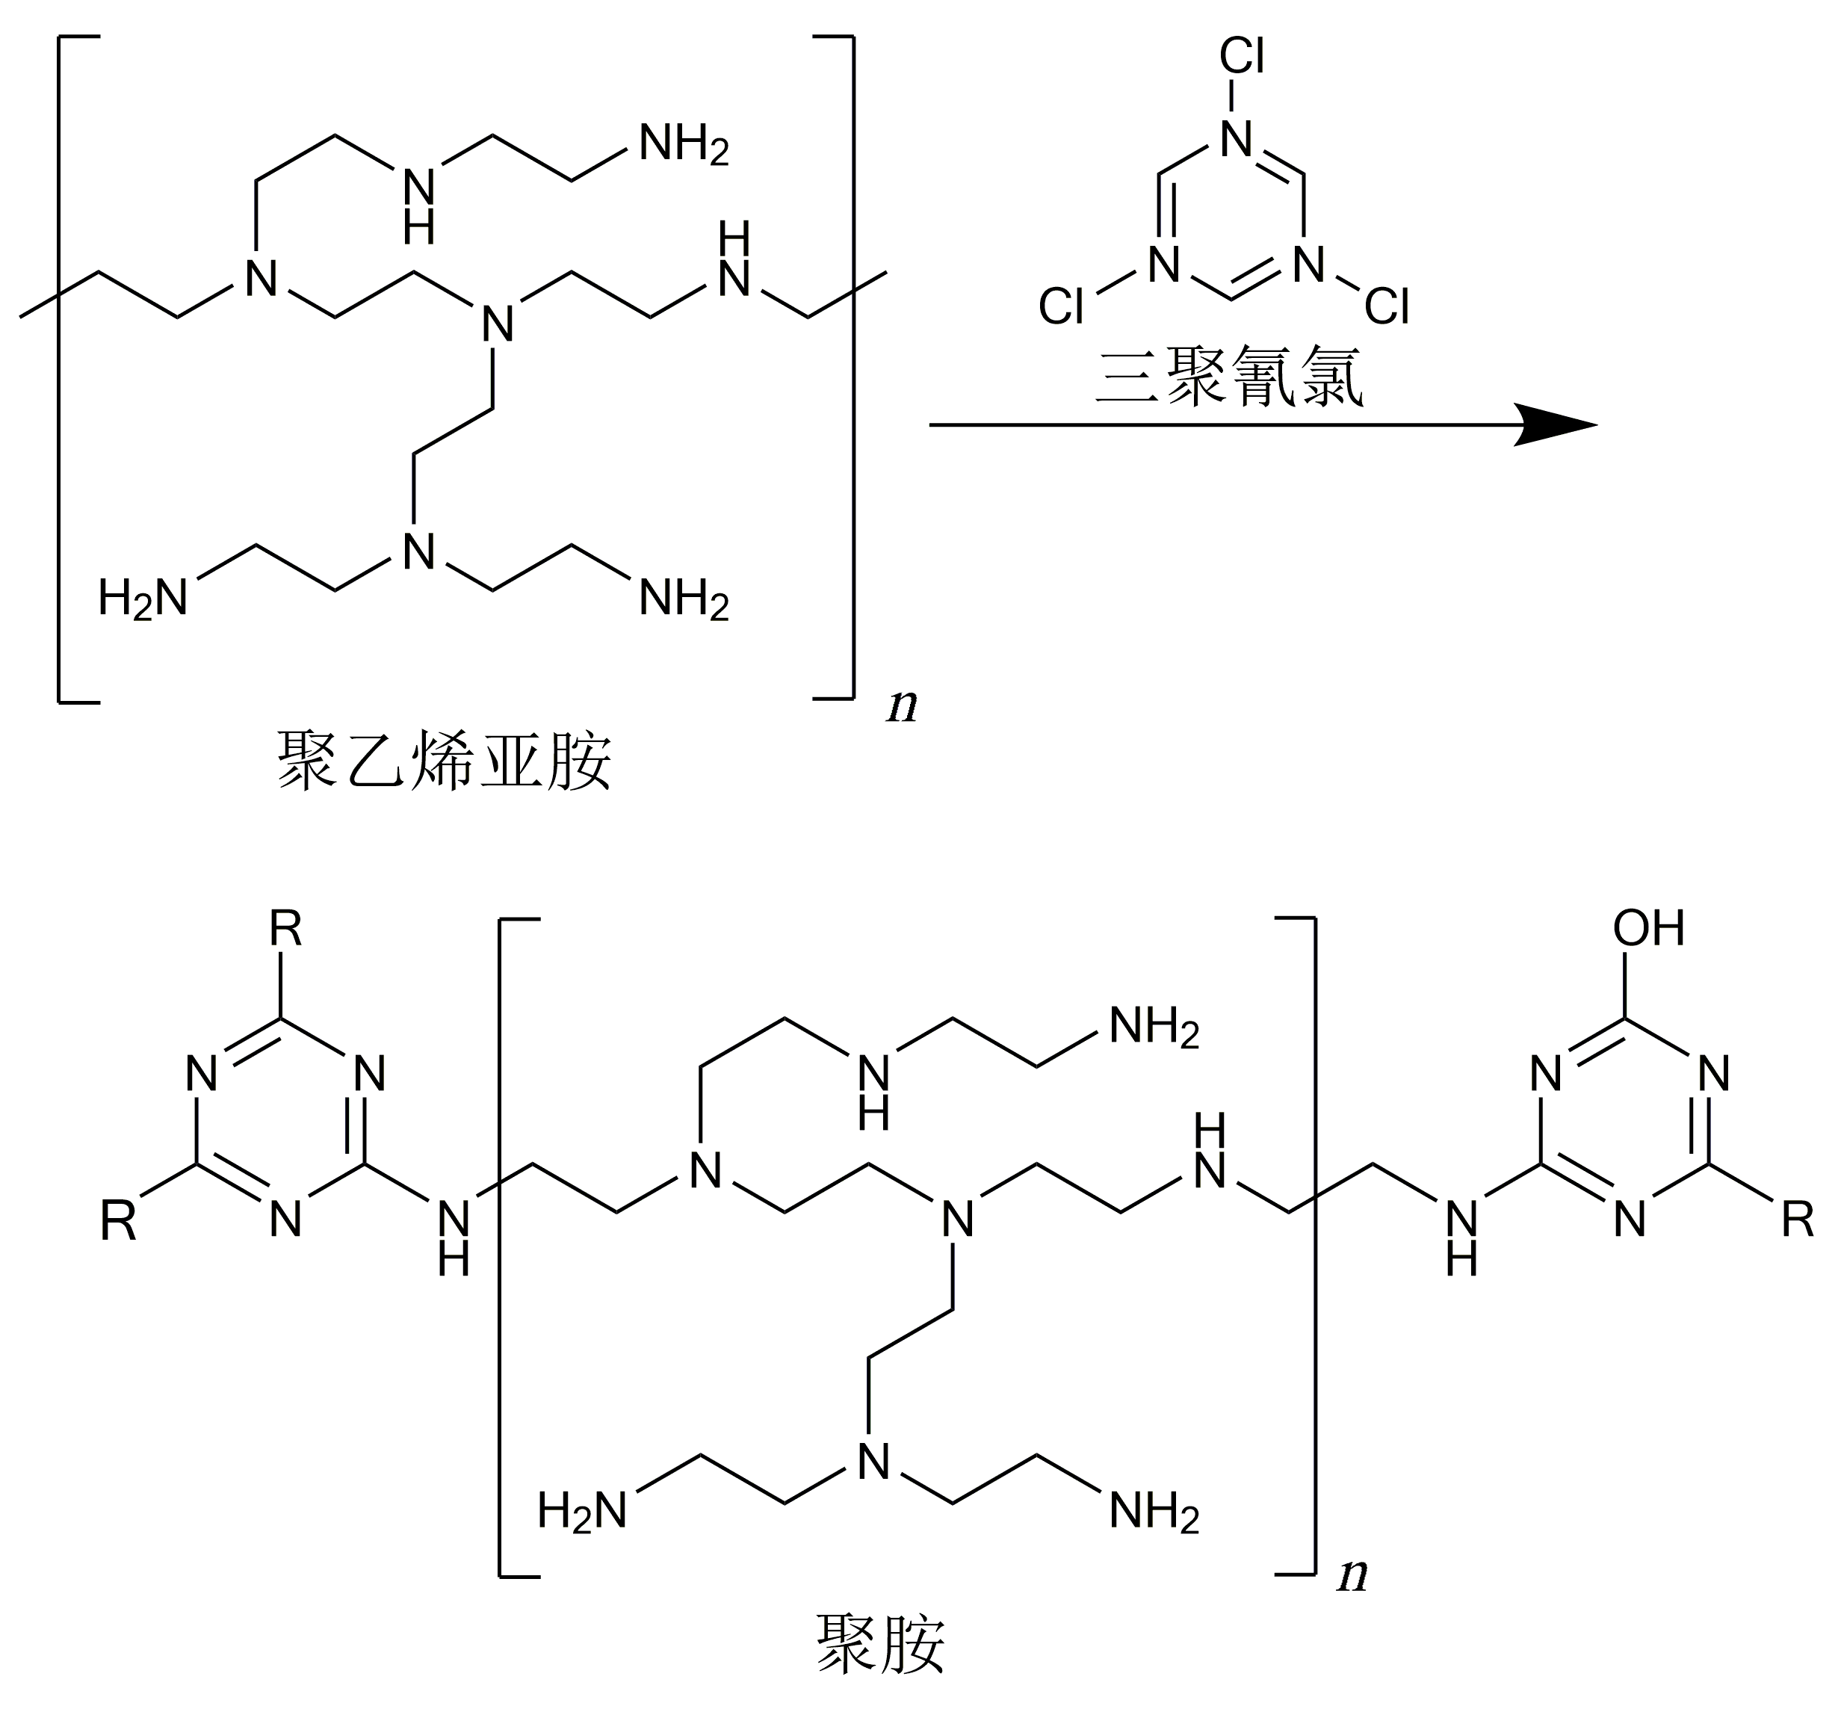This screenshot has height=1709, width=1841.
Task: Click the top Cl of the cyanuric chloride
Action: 1241,58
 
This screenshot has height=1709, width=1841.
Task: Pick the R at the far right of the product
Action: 1798,1222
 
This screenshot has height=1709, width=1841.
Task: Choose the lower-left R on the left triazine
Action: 118,1222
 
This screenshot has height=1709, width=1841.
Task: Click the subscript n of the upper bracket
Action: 903,708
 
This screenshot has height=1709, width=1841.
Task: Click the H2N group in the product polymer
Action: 583,1512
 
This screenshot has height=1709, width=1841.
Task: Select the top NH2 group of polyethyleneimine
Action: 684,146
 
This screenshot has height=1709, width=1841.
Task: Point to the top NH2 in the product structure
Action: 1154,1028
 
